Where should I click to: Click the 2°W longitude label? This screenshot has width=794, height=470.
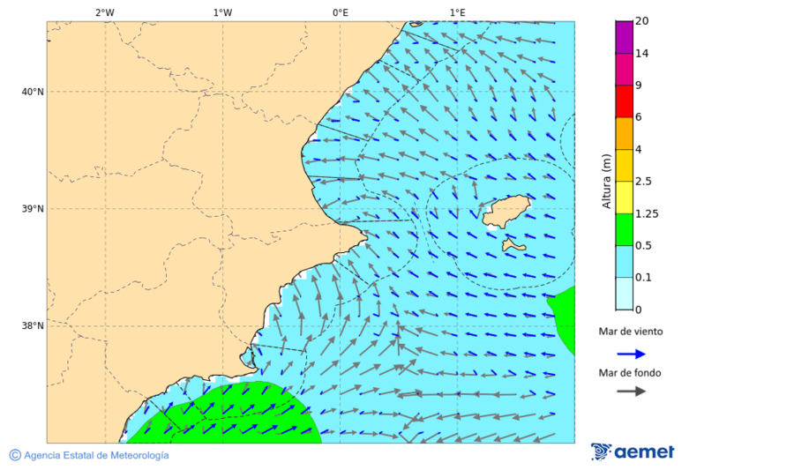pos(104,12)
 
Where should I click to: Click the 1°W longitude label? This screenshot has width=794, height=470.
pos(222,12)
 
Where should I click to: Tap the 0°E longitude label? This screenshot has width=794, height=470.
pos(340,12)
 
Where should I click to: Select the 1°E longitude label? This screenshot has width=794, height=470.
pos(457,12)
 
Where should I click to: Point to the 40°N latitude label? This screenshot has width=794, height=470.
pos(33,92)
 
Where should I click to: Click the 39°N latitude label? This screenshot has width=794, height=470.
pos(33,209)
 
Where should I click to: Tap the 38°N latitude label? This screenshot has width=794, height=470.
pos(33,326)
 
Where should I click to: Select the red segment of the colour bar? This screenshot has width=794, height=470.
pos(624,101)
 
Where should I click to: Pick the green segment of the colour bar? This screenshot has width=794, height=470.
pos(624,229)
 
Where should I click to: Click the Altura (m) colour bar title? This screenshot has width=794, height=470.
pos(606,181)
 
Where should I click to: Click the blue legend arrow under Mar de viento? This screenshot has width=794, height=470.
pos(631,354)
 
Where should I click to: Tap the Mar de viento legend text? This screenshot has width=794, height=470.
pos(630,332)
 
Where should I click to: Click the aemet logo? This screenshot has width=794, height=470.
pos(633,451)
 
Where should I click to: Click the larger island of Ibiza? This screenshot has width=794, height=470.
pos(506,212)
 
